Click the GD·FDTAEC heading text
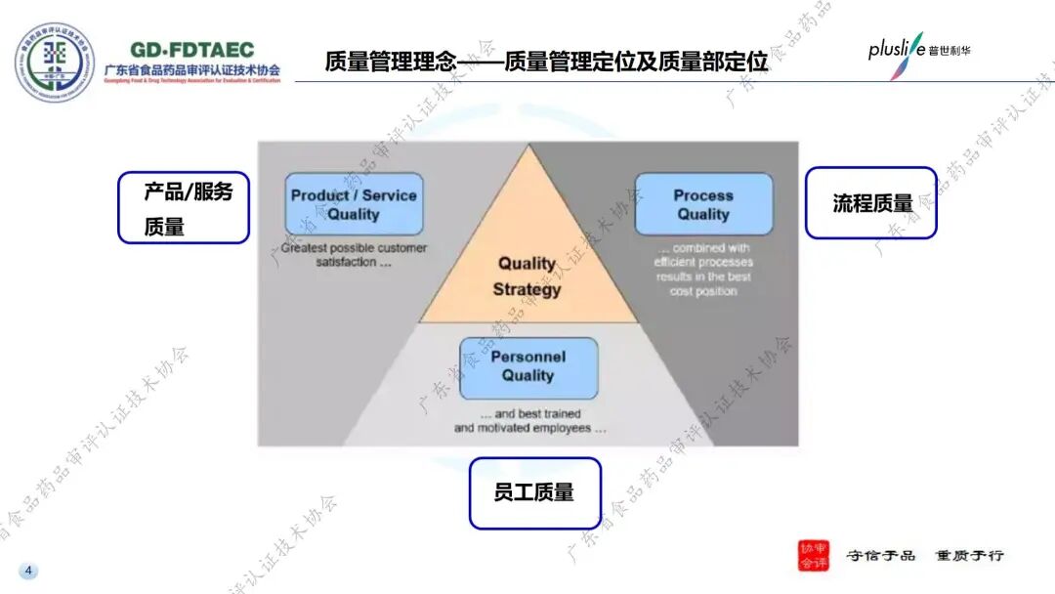tap(191, 50)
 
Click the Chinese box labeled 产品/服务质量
tap(184, 208)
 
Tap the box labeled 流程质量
tap(870, 202)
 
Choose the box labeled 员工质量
tap(534, 492)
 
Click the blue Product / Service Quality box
tap(354, 204)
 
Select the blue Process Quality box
tap(703, 204)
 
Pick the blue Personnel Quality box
tap(528, 367)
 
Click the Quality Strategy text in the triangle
tap(527, 276)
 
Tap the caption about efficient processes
tap(703, 270)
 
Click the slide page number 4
tap(28, 571)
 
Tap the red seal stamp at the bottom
tap(812, 555)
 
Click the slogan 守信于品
tap(880, 555)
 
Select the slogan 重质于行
tap(969, 555)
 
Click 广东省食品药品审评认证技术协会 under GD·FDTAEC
tap(191, 70)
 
